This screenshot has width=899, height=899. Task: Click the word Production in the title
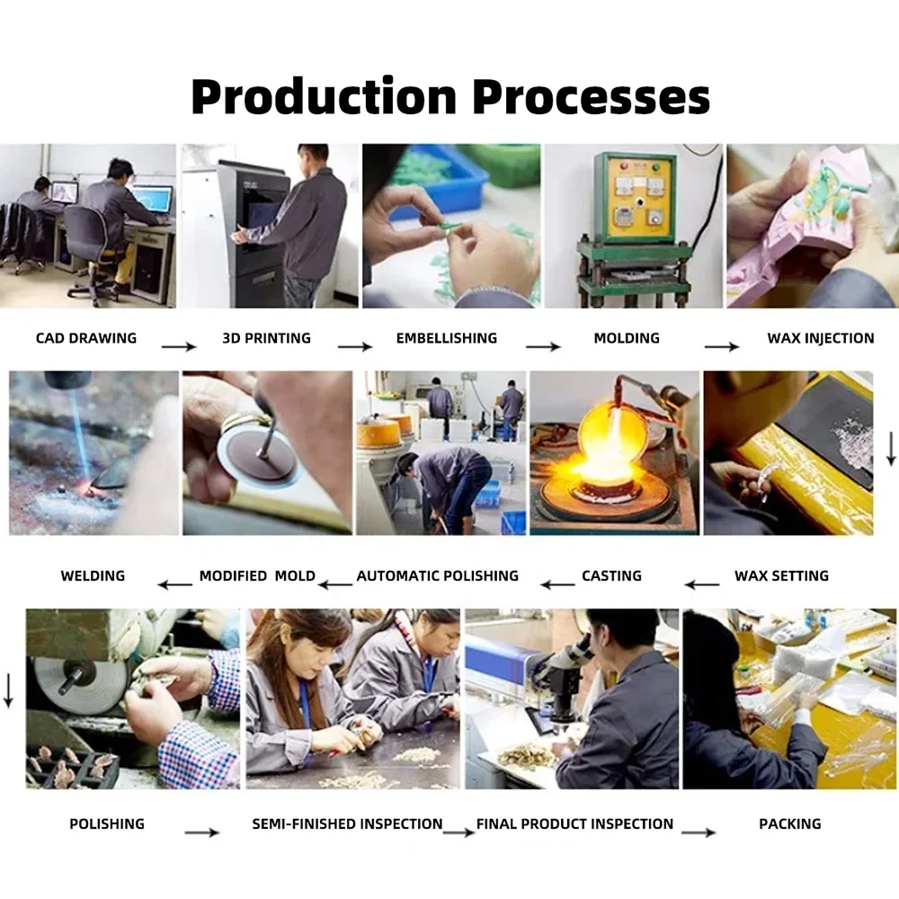[324, 96]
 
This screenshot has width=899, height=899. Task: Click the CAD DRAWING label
[86, 338]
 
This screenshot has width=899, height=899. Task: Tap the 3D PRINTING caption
[267, 338]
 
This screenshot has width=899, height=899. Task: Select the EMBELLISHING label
[447, 338]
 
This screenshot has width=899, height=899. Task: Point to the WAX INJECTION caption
[821, 338]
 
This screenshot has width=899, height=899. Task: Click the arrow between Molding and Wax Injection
[722, 346]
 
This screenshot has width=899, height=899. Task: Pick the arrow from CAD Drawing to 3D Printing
[179, 346]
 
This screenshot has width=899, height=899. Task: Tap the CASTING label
[611, 575]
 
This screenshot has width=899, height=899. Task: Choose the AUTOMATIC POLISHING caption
[438, 575]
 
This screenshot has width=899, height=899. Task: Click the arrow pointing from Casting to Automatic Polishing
[557, 585]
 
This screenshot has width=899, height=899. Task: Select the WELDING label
[93, 575]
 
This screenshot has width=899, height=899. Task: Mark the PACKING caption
[790, 823]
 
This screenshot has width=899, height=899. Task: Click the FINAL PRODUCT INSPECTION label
[575, 823]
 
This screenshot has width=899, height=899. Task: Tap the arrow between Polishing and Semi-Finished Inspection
[201, 832]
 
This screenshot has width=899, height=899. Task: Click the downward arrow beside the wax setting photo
[891, 449]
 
